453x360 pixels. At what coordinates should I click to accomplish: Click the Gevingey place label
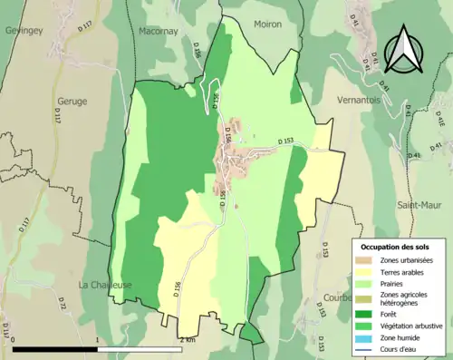click(25, 29)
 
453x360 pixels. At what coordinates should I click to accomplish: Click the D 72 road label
click(63, 306)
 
